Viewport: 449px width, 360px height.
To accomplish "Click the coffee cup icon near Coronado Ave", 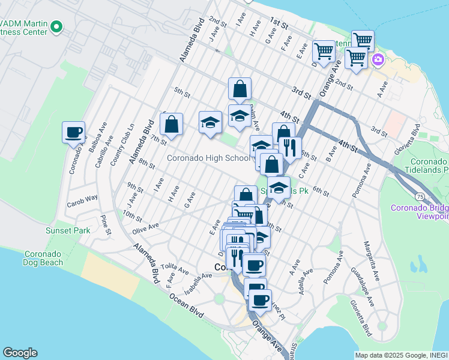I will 73,133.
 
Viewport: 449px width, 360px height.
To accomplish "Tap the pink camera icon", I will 378,59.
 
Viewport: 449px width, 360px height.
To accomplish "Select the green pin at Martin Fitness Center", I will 56,26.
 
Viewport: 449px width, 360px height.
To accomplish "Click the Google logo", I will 20,353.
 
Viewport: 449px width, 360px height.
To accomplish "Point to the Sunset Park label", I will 68,230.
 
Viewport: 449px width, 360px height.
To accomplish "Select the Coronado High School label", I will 208,158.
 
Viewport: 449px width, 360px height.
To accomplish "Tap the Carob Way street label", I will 83,197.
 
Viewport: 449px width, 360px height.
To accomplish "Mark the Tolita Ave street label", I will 161,267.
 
